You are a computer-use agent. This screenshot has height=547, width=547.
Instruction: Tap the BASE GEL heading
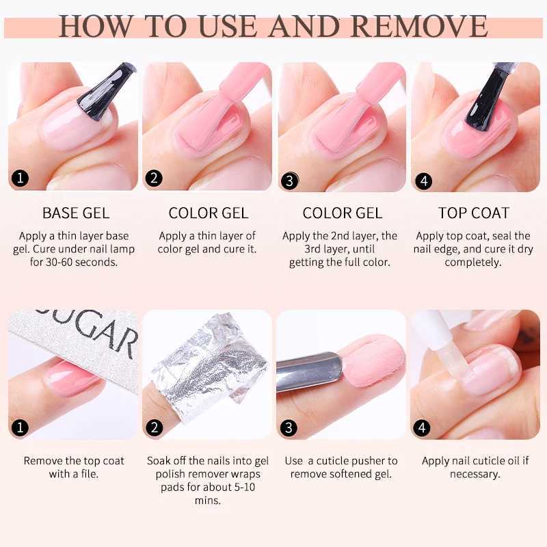tap(75, 213)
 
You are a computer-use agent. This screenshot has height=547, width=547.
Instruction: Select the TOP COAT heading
tap(474, 213)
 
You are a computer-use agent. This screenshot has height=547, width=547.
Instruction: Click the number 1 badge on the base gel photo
tap(21, 179)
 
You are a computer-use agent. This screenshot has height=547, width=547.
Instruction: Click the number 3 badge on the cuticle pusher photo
tap(289, 428)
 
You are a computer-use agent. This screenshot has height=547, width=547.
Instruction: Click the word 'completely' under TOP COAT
tap(473, 262)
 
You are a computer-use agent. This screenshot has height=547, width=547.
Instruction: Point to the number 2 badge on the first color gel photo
tap(155, 178)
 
